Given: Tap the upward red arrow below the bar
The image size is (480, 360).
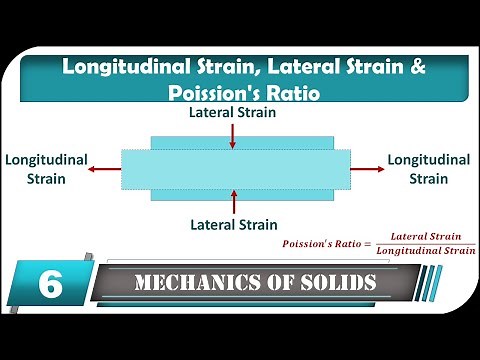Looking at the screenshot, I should pos(233,201).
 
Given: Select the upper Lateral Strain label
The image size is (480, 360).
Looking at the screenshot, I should pos(233,113).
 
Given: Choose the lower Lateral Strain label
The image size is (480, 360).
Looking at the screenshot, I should pos(233,224).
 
